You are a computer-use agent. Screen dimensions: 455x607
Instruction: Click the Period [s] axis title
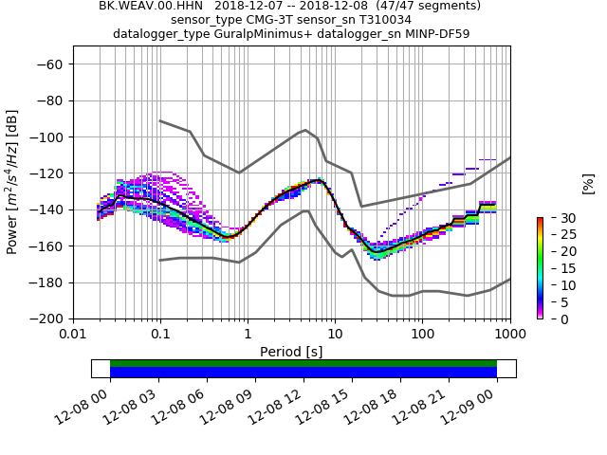(291, 352)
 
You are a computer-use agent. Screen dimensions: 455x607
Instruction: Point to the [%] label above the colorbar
(588, 182)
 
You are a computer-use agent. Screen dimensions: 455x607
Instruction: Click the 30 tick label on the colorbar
(555, 218)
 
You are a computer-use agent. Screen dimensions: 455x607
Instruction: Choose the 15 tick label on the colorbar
(555, 268)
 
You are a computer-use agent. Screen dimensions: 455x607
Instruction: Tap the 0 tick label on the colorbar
(551, 318)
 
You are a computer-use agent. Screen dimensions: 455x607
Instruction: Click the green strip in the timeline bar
(303, 363)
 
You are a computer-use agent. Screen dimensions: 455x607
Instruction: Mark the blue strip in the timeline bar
(303, 373)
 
